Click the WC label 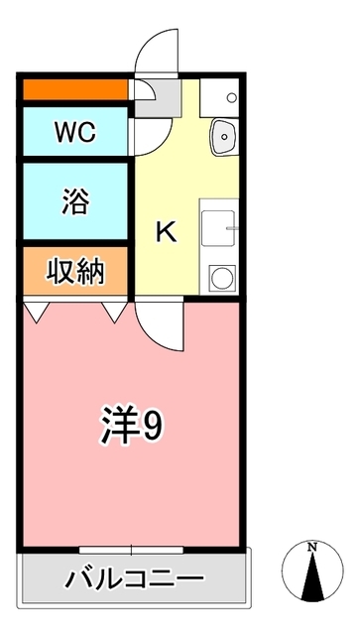pyautogui.click(x=74, y=132)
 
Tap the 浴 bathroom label pyautogui.click(x=75, y=201)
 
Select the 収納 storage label pyautogui.click(x=75, y=270)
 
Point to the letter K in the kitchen pyautogui.click(x=167, y=233)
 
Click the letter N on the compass pyautogui.click(x=311, y=547)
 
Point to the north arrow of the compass pyautogui.click(x=311, y=575)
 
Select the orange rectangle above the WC pyautogui.click(x=75, y=90)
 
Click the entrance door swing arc pyautogui.click(x=157, y=50)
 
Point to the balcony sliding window pyautogui.click(x=132, y=549)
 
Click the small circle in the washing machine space pyautogui.click(x=231, y=97)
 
